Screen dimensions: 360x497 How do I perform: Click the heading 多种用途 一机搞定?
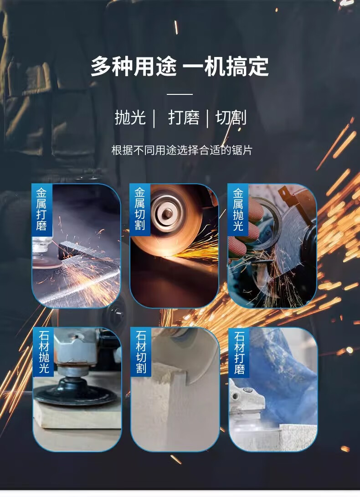(x=180, y=66)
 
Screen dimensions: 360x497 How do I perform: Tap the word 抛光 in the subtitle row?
(x=130, y=118)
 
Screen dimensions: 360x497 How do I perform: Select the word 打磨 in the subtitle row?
(x=184, y=118)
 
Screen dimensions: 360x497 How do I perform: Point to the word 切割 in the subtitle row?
(x=231, y=118)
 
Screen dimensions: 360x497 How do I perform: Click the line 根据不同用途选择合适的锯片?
(x=181, y=150)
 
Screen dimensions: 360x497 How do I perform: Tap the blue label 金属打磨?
(x=41, y=209)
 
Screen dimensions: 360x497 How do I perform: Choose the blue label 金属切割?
(x=140, y=209)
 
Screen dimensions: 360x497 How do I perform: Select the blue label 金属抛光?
(x=238, y=209)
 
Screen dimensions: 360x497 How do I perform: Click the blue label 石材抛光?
(x=43, y=352)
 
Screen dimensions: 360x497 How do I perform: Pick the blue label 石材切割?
(x=141, y=352)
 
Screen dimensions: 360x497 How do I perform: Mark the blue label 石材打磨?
(x=239, y=352)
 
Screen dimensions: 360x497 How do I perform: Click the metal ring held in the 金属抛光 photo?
(x=266, y=222)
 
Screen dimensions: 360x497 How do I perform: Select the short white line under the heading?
(x=180, y=94)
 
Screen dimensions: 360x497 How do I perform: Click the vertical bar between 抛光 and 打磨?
(x=154, y=119)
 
